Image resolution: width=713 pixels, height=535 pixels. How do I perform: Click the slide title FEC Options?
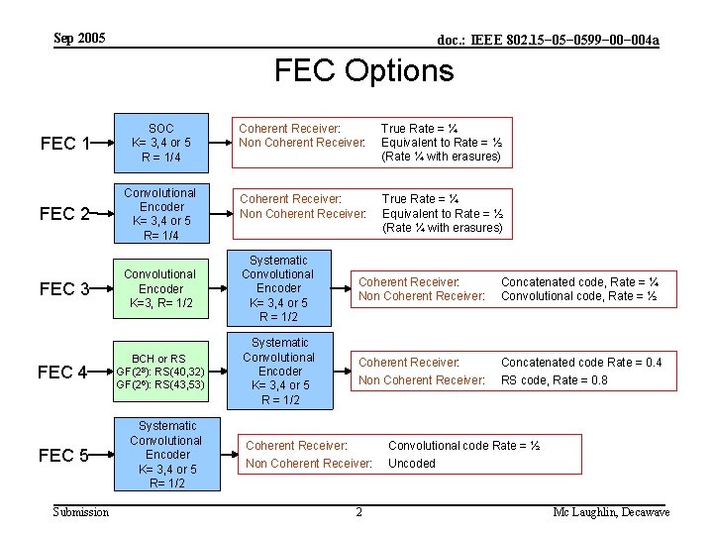click(363, 70)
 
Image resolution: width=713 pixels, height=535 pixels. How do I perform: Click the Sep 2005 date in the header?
click(79, 39)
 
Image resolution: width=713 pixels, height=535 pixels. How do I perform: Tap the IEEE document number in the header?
click(548, 40)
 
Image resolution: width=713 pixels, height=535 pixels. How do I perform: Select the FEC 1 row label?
click(65, 144)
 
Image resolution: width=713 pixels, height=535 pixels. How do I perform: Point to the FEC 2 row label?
click(65, 214)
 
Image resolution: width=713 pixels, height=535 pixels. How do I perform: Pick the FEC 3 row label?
click(65, 289)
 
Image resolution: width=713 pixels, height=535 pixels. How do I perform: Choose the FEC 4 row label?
click(65, 373)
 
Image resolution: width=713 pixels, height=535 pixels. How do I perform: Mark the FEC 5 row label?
click(65, 456)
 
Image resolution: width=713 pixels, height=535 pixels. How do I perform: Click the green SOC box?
click(160, 143)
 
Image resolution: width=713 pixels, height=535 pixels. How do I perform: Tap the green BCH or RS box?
click(160, 372)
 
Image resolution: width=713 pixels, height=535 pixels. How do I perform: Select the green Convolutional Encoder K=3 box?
click(160, 288)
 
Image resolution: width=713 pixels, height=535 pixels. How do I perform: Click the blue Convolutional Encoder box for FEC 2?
click(160, 214)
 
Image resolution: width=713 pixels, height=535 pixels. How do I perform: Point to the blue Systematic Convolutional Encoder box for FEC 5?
click(165, 455)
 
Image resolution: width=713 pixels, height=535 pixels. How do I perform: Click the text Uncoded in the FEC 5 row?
click(411, 464)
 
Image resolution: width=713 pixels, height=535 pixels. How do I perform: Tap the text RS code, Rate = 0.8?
click(555, 380)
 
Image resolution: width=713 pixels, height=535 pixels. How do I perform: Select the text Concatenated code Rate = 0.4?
click(581, 363)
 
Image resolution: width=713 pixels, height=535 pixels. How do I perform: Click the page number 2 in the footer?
click(358, 512)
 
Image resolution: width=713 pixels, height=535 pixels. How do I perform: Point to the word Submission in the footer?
click(81, 512)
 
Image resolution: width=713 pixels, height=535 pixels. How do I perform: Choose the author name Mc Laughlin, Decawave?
click(611, 512)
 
